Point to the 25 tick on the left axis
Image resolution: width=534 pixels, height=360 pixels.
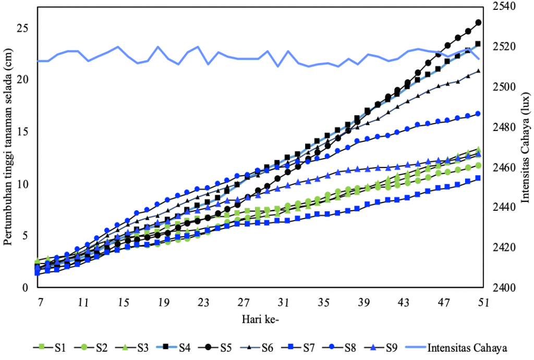21,28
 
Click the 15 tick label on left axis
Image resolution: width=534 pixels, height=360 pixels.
21,132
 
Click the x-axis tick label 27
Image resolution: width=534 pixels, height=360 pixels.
244,303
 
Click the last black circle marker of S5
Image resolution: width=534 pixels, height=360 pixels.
478,22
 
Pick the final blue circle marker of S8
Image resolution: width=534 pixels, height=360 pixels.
478,114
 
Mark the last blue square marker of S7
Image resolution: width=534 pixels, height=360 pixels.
478,178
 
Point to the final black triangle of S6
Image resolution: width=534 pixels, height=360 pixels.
478,70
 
